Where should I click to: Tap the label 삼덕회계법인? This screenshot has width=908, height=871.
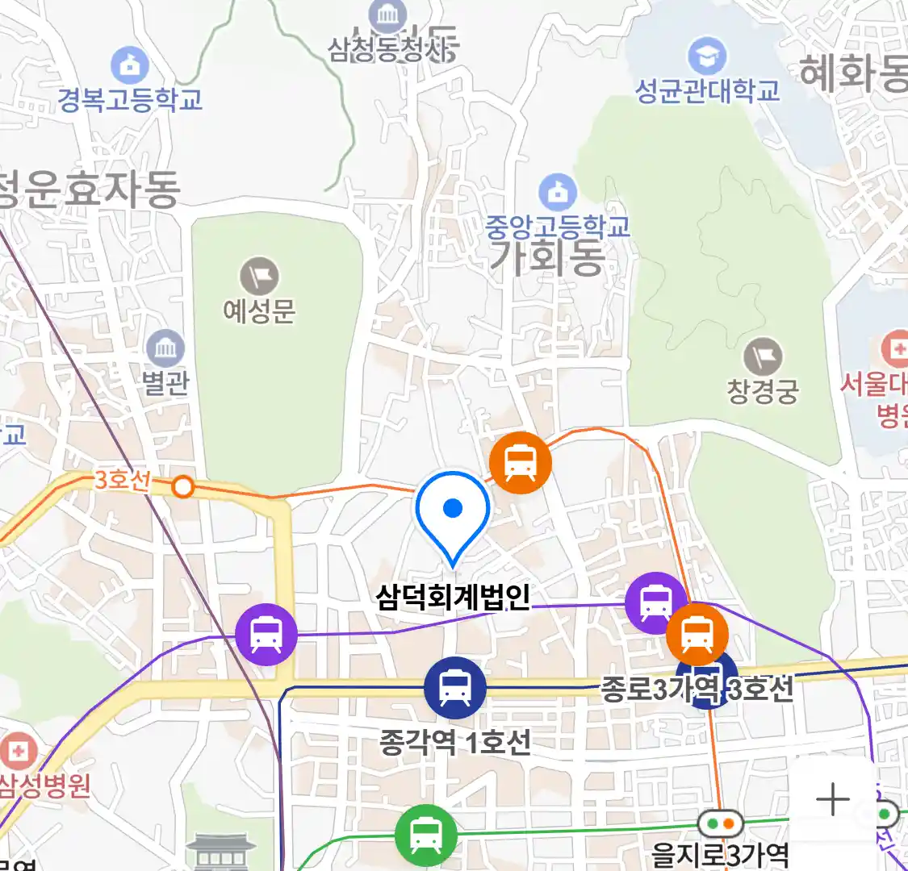[x=453, y=597]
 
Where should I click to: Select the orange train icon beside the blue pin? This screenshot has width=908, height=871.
[x=521, y=463]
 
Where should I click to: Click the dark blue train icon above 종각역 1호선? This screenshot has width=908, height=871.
[x=455, y=688]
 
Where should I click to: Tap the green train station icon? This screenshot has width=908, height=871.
[x=425, y=835]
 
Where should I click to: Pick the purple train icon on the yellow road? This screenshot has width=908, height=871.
[x=266, y=635]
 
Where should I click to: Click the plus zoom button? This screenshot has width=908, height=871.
[x=832, y=800]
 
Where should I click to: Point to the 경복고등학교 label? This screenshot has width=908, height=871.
[x=130, y=100]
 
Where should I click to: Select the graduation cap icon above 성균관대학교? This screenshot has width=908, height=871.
[x=707, y=56]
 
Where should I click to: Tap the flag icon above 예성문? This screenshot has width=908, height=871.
[x=259, y=277]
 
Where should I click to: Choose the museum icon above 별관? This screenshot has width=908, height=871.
[x=166, y=349]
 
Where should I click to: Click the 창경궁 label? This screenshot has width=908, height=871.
[x=763, y=392]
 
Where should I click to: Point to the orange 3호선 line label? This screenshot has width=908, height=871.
[x=122, y=480]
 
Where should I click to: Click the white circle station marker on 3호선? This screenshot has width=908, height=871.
[x=184, y=487]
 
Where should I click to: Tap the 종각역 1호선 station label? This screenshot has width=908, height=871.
[x=455, y=741]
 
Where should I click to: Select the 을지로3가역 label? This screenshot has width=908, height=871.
[x=720, y=854]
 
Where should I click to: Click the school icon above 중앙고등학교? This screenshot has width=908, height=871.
[x=557, y=193]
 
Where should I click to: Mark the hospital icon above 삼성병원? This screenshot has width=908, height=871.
[x=18, y=752]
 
